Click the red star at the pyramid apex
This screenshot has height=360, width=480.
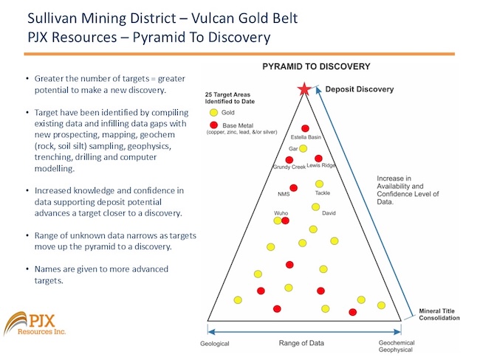[x=304, y=90]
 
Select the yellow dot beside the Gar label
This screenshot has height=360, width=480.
[x=303, y=148]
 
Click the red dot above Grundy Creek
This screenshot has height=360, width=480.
[x=289, y=159]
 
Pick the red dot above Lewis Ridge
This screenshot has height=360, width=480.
[x=318, y=159]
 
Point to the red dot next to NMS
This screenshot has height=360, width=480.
[x=294, y=187]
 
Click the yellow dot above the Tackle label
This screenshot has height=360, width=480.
[x=319, y=184]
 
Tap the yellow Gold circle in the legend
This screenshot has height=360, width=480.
[x=213, y=113]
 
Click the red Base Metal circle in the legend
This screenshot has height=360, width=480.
[x=213, y=126]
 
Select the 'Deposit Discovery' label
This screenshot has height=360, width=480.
[x=360, y=89]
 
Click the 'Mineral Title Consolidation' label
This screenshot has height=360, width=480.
[x=439, y=314]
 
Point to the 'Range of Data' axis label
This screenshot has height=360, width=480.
[x=304, y=342]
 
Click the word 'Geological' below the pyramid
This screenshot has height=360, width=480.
[x=215, y=344]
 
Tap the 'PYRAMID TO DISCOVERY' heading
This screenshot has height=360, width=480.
[x=317, y=66]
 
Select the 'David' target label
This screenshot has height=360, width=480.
[x=329, y=213]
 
